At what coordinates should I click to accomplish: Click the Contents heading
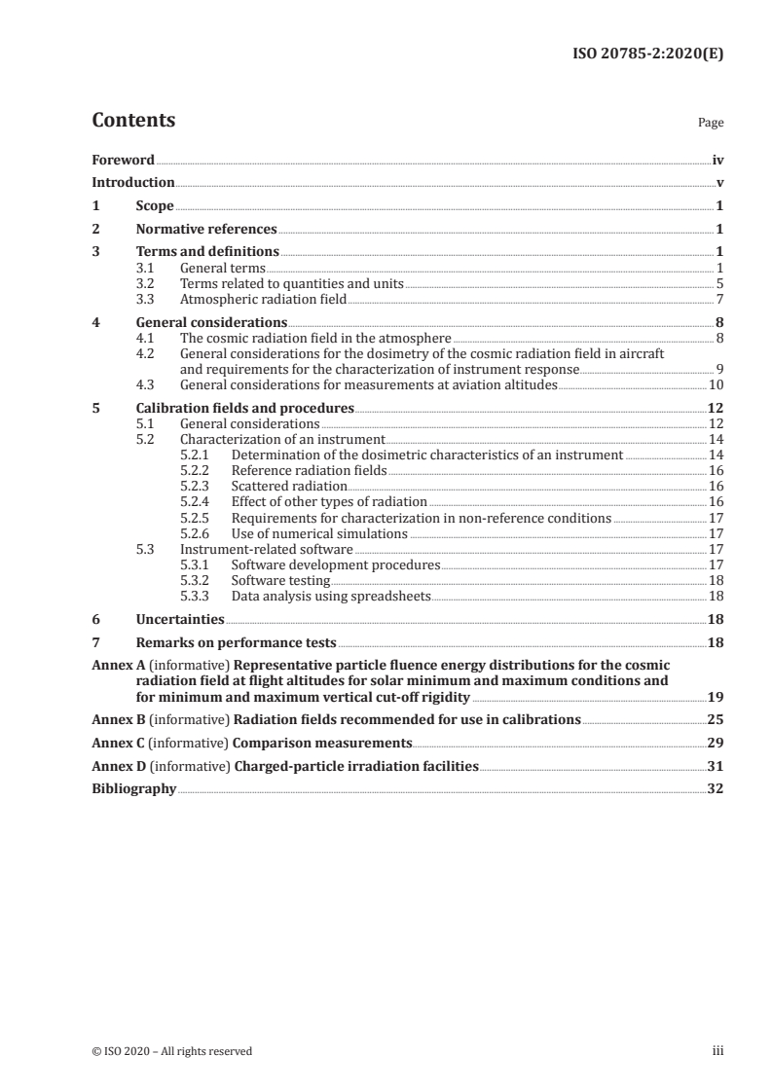[133, 121]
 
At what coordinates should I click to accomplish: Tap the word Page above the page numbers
[711, 124]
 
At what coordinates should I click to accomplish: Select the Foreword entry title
[123, 160]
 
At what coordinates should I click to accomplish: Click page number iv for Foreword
[717, 160]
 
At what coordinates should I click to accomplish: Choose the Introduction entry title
[133, 183]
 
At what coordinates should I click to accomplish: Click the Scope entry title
[155, 206]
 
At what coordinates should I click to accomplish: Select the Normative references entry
[206, 230]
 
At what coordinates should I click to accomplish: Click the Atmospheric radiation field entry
[263, 300]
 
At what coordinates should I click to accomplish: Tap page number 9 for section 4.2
[719, 370]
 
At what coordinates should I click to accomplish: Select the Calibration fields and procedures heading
[244, 409]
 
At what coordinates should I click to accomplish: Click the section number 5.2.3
[198, 486]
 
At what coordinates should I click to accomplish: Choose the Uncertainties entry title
[180, 619]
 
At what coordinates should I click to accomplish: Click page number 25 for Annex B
[715, 720]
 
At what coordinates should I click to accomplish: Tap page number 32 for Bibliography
[715, 789]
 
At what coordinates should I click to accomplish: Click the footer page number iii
[717, 1051]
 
